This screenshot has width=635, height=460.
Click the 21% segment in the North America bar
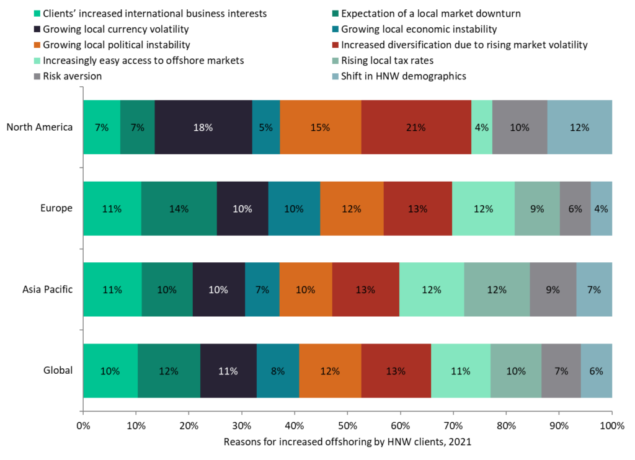click(x=416, y=127)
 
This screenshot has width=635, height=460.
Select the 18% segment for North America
click(x=203, y=127)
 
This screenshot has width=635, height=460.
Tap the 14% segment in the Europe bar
click(x=179, y=209)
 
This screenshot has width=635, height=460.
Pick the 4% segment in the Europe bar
click(x=602, y=209)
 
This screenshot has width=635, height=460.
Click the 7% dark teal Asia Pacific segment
click(x=262, y=290)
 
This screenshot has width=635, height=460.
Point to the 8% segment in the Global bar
click(x=278, y=371)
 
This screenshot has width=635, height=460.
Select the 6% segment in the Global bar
click(x=596, y=371)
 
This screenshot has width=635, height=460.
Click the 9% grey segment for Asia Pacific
click(x=553, y=290)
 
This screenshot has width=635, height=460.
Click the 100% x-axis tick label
click(x=611, y=427)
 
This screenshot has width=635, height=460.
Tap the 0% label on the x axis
click(x=82, y=427)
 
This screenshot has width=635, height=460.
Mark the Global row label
click(x=58, y=371)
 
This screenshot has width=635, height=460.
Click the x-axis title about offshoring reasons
click(x=347, y=442)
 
